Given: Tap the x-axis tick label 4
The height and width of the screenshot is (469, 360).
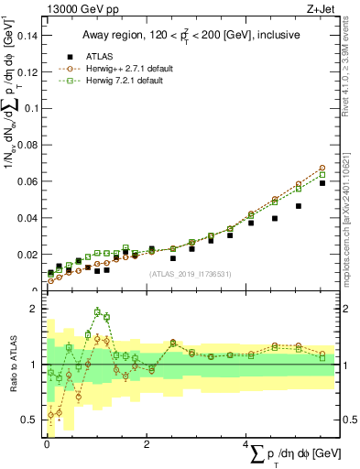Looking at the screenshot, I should [246, 443].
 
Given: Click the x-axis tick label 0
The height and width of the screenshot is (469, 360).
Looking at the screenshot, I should [46, 443].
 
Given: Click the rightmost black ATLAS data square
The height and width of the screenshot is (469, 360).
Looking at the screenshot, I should [322, 183].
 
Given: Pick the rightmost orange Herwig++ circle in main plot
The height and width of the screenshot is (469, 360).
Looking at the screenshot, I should [322, 169].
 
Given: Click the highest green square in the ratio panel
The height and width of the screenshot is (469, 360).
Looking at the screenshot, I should [97, 312].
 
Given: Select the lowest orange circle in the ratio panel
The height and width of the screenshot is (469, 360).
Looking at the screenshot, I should [50, 415].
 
